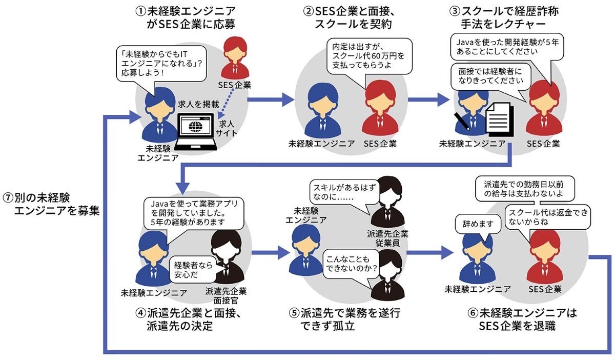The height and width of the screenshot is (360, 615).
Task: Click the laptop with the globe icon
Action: pos(195,131)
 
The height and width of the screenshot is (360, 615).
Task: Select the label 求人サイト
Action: pos(227,128)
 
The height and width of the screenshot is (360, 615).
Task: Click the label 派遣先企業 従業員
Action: pos(387,239)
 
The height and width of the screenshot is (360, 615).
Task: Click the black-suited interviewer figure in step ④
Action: pos(224,256)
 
